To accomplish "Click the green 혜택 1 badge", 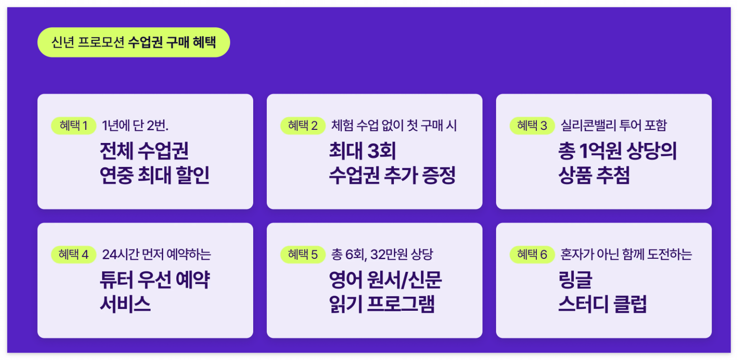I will click(x=74, y=126).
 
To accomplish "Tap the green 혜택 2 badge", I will click(x=303, y=126).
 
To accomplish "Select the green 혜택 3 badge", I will click(x=532, y=126).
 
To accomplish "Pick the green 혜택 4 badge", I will click(x=74, y=255).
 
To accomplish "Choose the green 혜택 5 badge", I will click(x=303, y=255).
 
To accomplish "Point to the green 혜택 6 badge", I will click(x=532, y=255).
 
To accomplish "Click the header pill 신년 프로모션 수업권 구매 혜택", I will click(x=134, y=42).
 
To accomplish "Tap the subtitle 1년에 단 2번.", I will click(x=135, y=126).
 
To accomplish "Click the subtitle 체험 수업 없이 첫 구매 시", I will click(x=394, y=126).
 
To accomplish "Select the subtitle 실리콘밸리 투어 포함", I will click(x=613, y=126).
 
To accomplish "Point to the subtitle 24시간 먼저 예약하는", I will click(x=157, y=255).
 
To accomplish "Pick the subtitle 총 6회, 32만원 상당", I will click(x=382, y=255).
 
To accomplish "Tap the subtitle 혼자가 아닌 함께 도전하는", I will click(x=626, y=255).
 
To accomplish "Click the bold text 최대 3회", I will click(x=362, y=151).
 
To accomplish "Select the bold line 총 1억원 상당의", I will click(x=618, y=151).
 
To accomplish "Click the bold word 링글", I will click(x=575, y=280).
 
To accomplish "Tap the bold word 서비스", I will click(x=125, y=304).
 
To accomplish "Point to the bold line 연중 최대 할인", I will click(x=155, y=175).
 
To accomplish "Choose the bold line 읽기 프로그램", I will click(x=382, y=304).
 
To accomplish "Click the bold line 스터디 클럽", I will click(x=602, y=304).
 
